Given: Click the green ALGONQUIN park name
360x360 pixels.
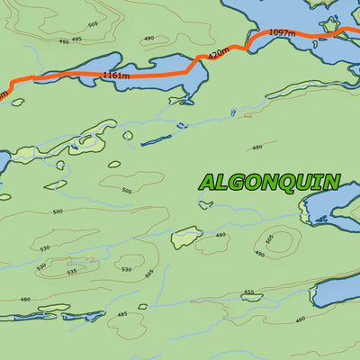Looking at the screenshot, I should coord(270,182).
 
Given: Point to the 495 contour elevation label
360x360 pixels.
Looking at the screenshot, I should coord(76,39).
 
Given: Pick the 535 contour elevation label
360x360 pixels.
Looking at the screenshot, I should coord(72,270).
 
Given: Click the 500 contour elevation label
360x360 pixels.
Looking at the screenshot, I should coord(58,211).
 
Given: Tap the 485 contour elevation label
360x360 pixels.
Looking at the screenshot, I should coord(121,314).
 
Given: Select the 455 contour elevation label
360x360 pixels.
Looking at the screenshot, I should coord(249,292).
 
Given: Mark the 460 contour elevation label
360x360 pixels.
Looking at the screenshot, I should coord(300,318).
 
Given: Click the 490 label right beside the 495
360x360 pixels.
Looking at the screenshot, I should coord(63,41).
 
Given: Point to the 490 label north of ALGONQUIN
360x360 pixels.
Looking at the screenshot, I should coord(257,147).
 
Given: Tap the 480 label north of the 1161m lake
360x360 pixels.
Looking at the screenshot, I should coord(148,39).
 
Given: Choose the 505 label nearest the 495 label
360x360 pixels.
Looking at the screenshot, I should coord(93,24).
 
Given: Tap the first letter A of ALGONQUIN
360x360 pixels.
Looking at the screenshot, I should coord(208,182).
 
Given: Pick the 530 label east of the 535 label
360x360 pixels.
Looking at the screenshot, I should coord(127,269).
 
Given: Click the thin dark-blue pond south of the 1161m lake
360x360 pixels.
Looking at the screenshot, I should coord(156,140).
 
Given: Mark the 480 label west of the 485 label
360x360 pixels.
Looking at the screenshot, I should coord(25,300).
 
